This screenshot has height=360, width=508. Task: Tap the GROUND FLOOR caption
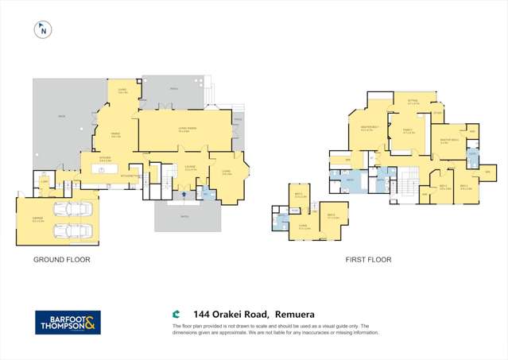click(61, 260)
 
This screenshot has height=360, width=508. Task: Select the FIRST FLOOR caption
click(368, 260)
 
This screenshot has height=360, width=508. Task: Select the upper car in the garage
click(71, 210)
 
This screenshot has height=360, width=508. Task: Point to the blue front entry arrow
click(184, 191)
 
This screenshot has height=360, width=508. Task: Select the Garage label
click(39, 222)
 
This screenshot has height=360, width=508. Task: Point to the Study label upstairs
click(437, 114)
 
